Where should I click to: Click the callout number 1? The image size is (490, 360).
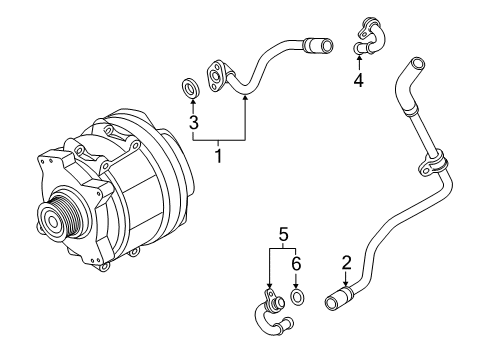coord(218,156)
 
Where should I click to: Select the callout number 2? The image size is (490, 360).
coord(347,263)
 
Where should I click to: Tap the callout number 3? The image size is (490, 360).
coord(194,122)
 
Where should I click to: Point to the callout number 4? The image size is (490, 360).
coord(359,80)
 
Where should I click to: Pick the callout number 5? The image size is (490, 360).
coord(283,234)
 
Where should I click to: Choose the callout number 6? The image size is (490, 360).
coord(296,264)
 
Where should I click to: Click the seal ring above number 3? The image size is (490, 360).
coord(191,88)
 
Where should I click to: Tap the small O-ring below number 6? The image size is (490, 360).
coord(298,297)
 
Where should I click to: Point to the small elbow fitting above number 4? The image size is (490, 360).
coord(370,36)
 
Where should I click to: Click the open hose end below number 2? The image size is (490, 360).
coord(331,303)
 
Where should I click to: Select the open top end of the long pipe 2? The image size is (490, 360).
coord(418,63)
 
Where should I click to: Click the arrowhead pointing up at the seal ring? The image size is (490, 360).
coord(193,101)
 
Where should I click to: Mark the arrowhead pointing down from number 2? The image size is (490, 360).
coord(346,283)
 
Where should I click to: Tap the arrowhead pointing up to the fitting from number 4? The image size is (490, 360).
coord(359,58)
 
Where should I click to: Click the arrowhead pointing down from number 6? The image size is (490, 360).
coord(296,286)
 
